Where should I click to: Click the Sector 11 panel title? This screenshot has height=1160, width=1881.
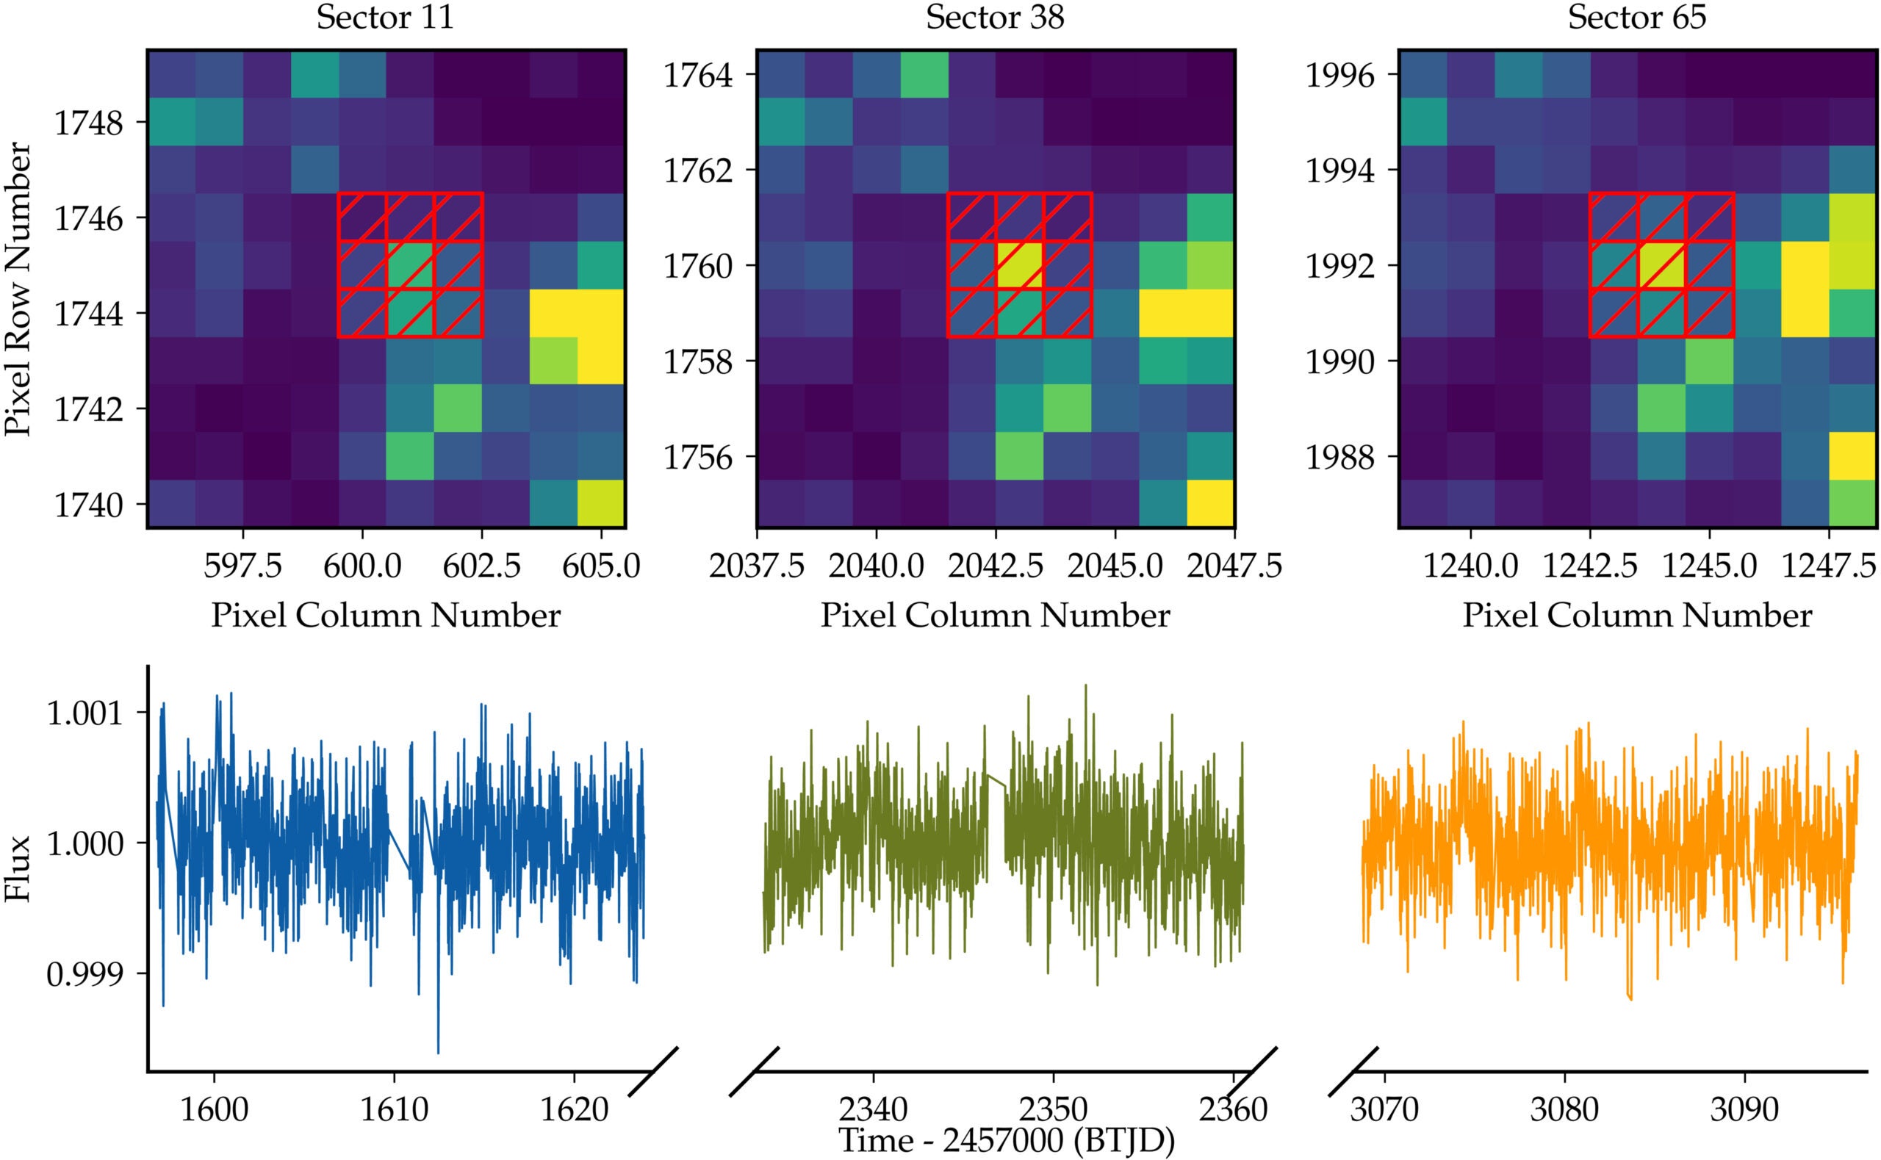click(x=385, y=17)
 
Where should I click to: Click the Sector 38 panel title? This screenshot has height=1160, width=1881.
click(x=995, y=17)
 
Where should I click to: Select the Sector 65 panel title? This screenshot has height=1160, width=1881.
click(x=1637, y=17)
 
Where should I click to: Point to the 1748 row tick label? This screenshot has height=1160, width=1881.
click(x=88, y=123)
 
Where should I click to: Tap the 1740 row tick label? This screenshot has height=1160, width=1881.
click(x=88, y=505)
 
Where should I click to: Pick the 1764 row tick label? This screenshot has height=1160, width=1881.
click(x=698, y=76)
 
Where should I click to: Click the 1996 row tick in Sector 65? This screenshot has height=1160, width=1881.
click(x=1340, y=76)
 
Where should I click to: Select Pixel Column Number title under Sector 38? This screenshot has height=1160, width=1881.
click(x=995, y=616)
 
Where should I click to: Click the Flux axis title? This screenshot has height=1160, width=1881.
click(x=18, y=868)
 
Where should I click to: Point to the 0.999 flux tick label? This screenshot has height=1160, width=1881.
click(x=84, y=974)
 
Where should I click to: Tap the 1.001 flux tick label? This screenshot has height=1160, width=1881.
click(x=84, y=713)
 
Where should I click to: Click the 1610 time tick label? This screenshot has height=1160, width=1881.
click(x=395, y=1109)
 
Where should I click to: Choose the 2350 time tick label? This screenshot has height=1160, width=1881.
click(x=1052, y=1109)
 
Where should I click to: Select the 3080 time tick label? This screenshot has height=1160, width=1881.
click(x=1564, y=1109)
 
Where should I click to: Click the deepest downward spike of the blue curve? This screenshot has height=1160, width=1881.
click(x=438, y=1052)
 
